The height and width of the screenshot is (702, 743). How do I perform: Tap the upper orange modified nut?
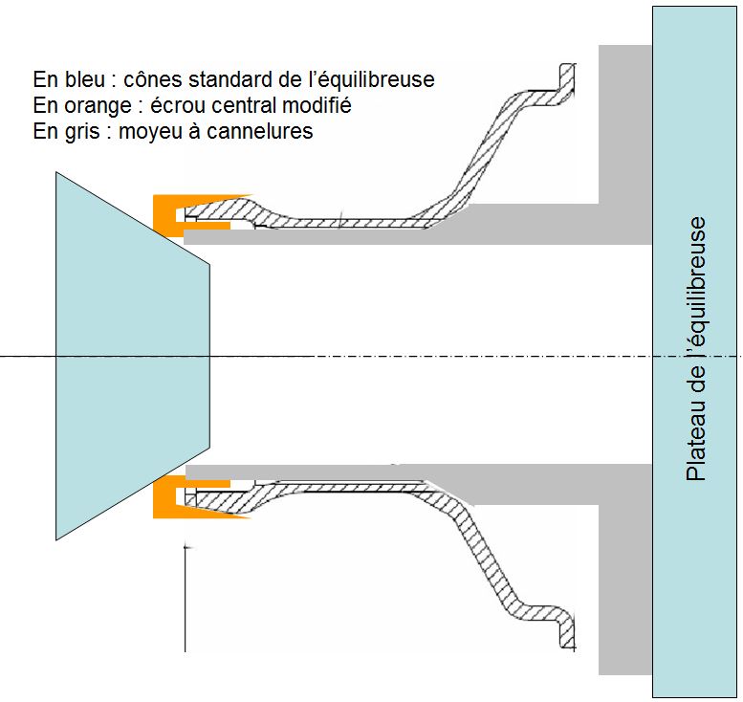pos(167,212)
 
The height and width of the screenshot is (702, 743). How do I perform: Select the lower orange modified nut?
pos(167,498)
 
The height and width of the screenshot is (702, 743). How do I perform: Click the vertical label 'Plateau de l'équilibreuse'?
pos(696,350)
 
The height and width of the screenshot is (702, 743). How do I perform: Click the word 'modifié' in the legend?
pos(317,105)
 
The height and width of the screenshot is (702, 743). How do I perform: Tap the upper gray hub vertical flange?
pos(625,124)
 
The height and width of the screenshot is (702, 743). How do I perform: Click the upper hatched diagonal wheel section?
pos(488,143)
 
